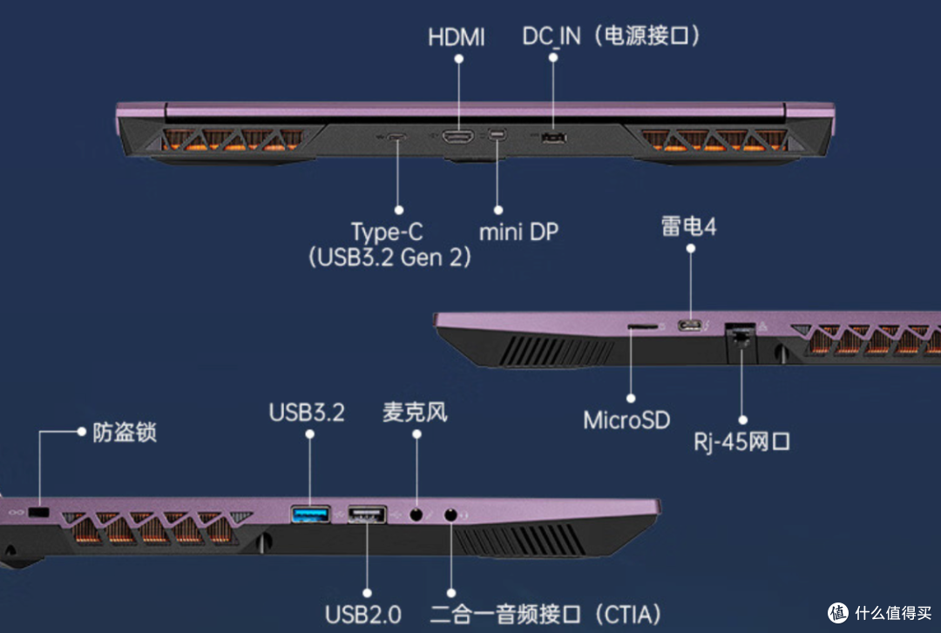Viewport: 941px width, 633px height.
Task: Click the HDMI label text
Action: click(456, 37)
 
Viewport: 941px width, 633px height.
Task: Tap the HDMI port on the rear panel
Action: click(458, 137)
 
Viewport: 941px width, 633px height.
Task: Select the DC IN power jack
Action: click(553, 138)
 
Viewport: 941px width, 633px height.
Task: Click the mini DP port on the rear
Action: click(497, 135)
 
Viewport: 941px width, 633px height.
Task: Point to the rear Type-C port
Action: click(396, 137)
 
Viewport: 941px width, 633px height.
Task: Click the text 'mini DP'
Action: click(518, 232)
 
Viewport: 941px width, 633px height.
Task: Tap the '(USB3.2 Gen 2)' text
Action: click(389, 258)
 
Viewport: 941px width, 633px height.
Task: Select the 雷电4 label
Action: click(689, 226)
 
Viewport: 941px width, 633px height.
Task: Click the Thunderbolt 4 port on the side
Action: click(690, 325)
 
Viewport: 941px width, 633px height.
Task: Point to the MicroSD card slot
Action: click(642, 327)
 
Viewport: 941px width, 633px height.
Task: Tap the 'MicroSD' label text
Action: click(626, 420)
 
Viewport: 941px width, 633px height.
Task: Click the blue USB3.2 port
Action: click(310, 515)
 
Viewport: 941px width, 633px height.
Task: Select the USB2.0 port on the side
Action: click(367, 515)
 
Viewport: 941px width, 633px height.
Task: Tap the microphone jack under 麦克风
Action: click(416, 515)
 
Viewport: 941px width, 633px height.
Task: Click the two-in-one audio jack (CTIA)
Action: click(450, 515)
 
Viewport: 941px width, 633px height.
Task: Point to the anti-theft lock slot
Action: click(39, 512)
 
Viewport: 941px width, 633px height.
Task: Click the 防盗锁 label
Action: click(125, 432)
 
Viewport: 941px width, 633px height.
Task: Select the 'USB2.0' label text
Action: click(363, 615)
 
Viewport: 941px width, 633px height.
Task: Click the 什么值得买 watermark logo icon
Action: click(838, 613)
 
